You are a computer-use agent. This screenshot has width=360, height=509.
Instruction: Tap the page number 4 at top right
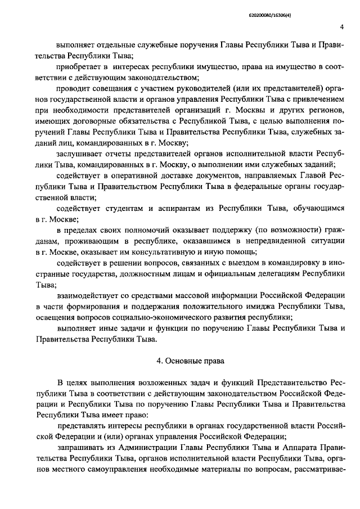coord(341,28)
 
